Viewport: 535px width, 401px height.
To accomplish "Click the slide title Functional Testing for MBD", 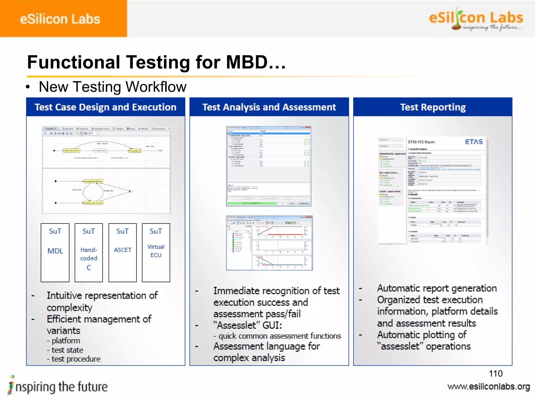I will [156, 62].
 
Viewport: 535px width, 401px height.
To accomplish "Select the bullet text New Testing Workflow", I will [112, 87].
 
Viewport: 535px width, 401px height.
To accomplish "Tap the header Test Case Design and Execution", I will [106, 107].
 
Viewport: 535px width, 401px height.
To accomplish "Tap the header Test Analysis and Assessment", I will [269, 107].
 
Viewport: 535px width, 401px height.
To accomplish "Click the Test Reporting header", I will [433, 107].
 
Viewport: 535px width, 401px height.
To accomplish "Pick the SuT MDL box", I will [55, 252].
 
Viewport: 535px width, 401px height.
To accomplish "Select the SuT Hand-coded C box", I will [89, 252].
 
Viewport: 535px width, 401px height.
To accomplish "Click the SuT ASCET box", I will [123, 252].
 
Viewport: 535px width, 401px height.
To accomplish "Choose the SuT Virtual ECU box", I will [156, 252].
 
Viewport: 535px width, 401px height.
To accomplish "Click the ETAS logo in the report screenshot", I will [474, 142].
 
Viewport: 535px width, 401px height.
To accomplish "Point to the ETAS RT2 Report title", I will [421, 142].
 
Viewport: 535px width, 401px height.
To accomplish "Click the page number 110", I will [496, 374].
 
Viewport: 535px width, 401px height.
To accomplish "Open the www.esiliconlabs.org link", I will [489, 387].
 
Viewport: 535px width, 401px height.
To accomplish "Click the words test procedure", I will [76, 359].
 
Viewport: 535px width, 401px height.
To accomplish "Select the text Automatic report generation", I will [437, 288].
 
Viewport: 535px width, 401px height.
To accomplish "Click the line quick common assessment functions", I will [280, 336].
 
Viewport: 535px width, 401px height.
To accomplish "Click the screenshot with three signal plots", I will [269, 243].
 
